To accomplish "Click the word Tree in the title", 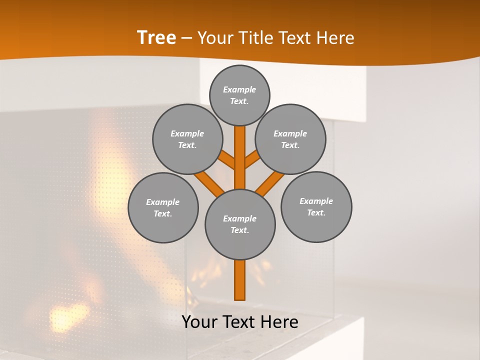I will click(x=156, y=38).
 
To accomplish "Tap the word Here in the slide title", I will click(x=336, y=38).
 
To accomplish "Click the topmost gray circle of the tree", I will click(x=239, y=95).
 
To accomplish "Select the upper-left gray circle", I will click(x=187, y=139).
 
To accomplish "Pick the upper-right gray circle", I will click(x=290, y=139).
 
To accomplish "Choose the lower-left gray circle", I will click(x=163, y=207).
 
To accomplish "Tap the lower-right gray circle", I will click(x=316, y=206).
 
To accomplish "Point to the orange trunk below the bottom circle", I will click(x=240, y=280).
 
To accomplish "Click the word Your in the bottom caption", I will click(x=199, y=322).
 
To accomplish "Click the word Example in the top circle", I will click(x=239, y=89).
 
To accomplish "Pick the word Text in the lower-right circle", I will click(x=316, y=212).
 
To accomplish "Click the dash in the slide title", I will click(x=186, y=38).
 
